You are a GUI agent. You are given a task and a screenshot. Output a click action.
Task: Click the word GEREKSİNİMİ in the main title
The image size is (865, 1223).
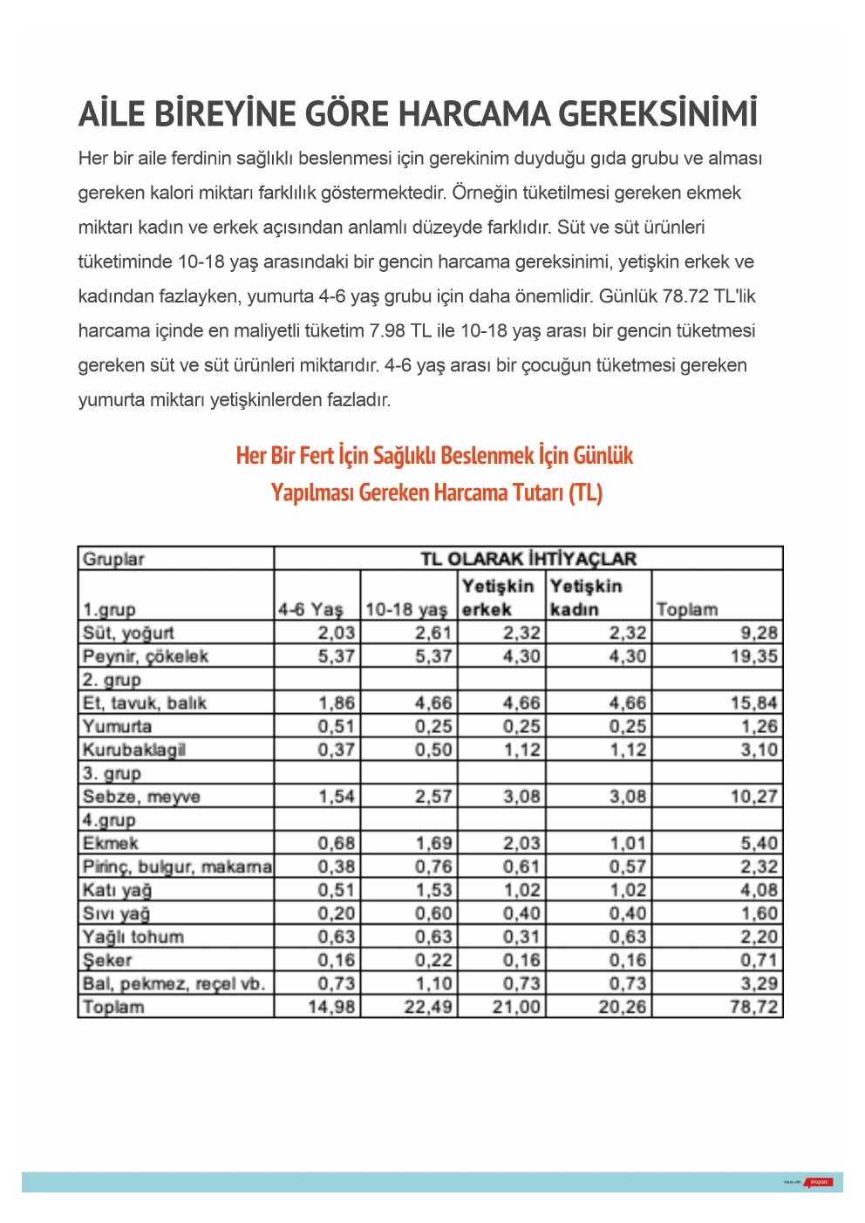tap(657, 114)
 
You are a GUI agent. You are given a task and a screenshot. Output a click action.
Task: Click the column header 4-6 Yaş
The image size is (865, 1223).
tap(310, 609)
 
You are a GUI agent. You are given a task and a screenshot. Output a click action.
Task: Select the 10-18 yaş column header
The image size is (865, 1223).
tap(406, 609)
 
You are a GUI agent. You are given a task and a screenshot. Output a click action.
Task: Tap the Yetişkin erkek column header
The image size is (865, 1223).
tap(498, 597)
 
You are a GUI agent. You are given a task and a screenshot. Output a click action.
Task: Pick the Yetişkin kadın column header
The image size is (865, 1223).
tap(586, 597)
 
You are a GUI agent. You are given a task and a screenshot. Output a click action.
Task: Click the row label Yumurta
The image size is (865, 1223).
tap(117, 726)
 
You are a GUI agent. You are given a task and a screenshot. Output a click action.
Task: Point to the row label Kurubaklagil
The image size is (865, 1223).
tap(133, 750)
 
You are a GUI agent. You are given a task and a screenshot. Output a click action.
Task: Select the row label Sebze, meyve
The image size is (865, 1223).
tap(141, 797)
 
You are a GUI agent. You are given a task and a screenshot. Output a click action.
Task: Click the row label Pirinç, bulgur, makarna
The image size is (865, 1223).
tap(177, 866)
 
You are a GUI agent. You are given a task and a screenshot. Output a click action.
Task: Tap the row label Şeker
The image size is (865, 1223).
tap(107, 961)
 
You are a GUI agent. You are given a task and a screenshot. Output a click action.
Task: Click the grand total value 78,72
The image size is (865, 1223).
tap(754, 1007)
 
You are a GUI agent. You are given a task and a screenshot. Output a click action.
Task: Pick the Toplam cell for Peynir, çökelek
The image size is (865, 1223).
tap(754, 656)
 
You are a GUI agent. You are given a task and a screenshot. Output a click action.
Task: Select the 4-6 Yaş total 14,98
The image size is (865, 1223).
tap(332, 1007)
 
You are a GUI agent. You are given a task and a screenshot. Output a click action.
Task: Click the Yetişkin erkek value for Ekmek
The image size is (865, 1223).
tap(521, 843)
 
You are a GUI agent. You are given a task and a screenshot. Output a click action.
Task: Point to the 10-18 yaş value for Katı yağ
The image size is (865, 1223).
tap(433, 890)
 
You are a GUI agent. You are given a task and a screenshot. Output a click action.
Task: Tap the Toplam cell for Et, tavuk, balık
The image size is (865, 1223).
tap(754, 703)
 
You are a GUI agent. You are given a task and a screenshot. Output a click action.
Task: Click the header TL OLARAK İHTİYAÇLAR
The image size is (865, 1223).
tap(528, 559)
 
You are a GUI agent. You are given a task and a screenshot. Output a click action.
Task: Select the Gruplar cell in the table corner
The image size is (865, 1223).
tap(113, 559)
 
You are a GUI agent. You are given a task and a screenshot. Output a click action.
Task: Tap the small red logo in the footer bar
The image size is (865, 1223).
tap(819, 1182)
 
